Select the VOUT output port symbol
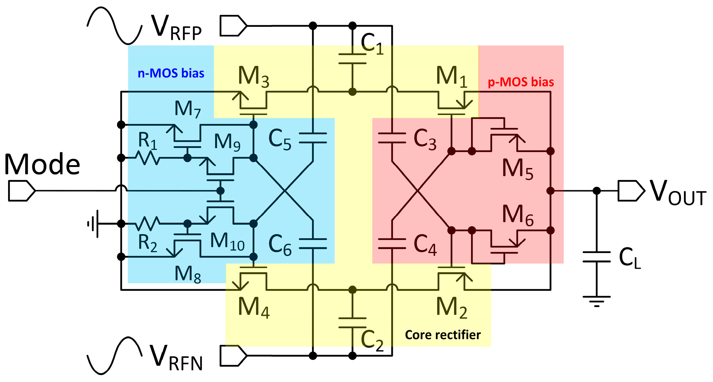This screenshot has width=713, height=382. (x=631, y=191)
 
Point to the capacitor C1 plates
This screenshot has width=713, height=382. (x=352, y=59)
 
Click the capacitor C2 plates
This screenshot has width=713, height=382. (x=352, y=323)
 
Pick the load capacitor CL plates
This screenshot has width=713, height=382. (x=596, y=257)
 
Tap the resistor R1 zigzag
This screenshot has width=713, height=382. (x=148, y=158)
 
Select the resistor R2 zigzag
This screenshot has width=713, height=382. (x=148, y=224)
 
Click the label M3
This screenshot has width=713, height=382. (x=253, y=77)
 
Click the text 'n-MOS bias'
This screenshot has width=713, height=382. (x=171, y=73)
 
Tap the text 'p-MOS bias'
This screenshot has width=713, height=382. (x=520, y=82)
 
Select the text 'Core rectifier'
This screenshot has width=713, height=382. (x=443, y=335)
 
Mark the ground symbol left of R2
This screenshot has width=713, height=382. (x=94, y=224)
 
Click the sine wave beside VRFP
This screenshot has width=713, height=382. (x=114, y=25)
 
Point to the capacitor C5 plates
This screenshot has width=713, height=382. (x=313, y=138)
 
